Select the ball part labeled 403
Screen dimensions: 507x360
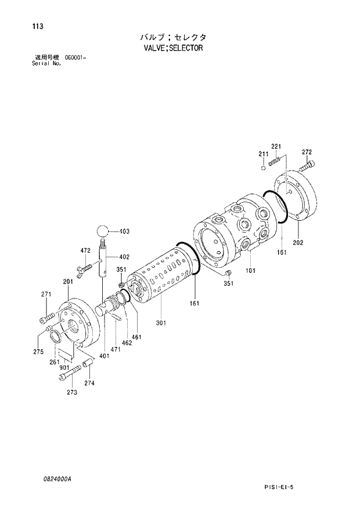(103, 231)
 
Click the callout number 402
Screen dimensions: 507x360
(124, 257)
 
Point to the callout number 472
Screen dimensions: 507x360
(85, 250)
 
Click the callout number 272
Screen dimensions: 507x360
(308, 152)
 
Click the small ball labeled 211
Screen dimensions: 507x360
(264, 168)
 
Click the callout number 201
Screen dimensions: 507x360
(67, 282)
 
